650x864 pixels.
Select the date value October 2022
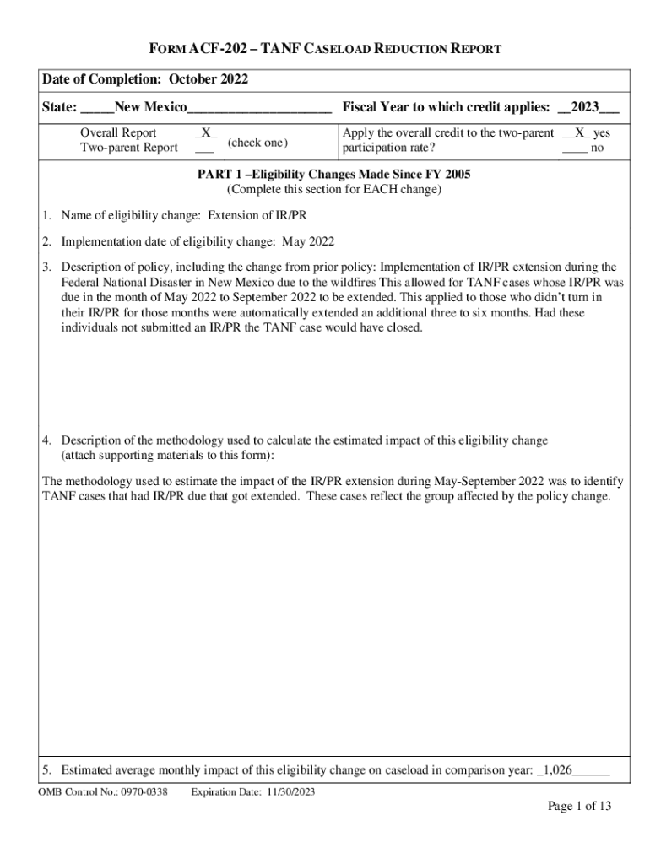click(x=209, y=79)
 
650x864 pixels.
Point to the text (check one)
click(x=258, y=141)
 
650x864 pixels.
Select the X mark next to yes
click(x=577, y=133)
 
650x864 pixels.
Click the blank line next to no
click(x=575, y=148)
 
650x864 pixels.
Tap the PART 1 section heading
click(x=333, y=175)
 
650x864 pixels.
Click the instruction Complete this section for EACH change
click(x=333, y=189)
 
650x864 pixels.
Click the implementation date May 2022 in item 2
click(x=308, y=241)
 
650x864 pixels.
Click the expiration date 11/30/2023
click(x=286, y=791)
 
